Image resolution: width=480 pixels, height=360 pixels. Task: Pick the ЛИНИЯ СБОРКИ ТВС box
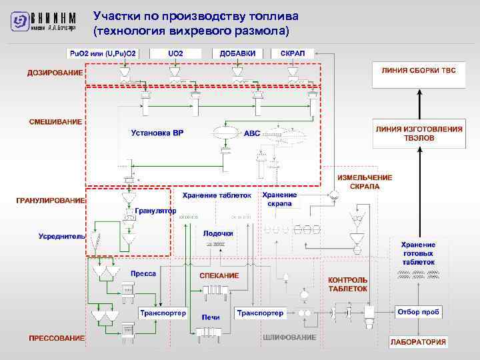pyautogui.click(x=419, y=70)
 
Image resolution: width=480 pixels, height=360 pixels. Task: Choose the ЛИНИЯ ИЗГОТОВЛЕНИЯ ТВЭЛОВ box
pyautogui.click(x=419, y=133)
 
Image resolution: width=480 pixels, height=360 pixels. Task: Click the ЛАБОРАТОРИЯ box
pyautogui.click(x=419, y=341)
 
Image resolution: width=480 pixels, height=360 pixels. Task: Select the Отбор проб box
pyautogui.click(x=417, y=312)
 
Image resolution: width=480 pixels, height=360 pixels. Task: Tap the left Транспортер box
pyautogui.click(x=163, y=313)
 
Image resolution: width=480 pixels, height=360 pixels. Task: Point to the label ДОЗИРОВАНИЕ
pyautogui.click(x=55, y=72)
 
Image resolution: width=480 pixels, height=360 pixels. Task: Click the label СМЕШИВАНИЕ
pyautogui.click(x=56, y=122)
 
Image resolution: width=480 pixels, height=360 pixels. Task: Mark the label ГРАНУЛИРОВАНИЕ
pyautogui.click(x=51, y=200)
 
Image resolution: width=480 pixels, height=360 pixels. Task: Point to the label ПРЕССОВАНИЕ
pyautogui.click(x=57, y=338)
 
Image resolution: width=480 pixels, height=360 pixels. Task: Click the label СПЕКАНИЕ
pyautogui.click(x=219, y=275)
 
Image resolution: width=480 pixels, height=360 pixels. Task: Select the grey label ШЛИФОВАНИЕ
pyautogui.click(x=289, y=337)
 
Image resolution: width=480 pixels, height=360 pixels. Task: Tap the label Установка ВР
pyautogui.click(x=157, y=133)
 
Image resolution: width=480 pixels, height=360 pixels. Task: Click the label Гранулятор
pyautogui.click(x=155, y=211)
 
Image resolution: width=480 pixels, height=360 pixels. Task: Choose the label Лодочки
pyautogui.click(x=218, y=233)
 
